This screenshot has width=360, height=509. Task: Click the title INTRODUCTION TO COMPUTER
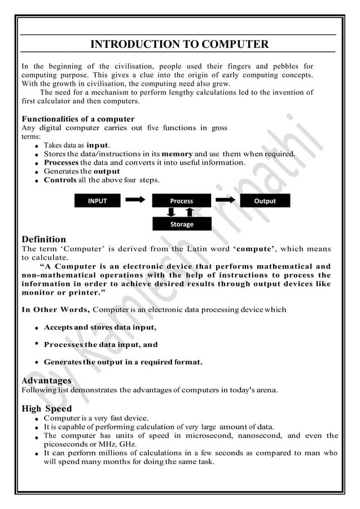click(x=179, y=44)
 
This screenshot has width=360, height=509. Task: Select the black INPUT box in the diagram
click(x=97, y=200)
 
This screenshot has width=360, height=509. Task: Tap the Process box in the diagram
click(x=182, y=200)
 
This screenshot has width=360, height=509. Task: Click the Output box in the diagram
click(x=265, y=200)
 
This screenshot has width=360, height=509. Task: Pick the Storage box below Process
click(x=182, y=224)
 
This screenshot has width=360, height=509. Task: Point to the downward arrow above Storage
click(x=172, y=212)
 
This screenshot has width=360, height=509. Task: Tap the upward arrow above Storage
click(x=190, y=212)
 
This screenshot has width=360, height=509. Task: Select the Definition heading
click(x=43, y=239)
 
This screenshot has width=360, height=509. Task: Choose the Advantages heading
click(x=46, y=380)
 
